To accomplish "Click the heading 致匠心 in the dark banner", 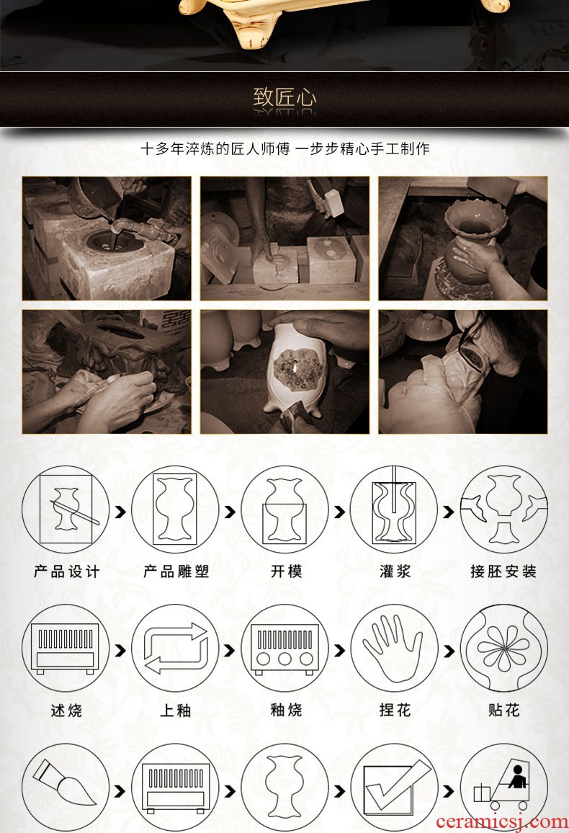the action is tap(284, 98).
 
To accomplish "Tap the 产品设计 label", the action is tap(66, 571).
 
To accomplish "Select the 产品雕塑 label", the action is tap(176, 571).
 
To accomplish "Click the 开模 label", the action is tap(286, 571).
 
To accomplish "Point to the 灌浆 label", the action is tap(395, 571).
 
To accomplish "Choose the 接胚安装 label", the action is tap(503, 571).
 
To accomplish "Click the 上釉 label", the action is tap(176, 710).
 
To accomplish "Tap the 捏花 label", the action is tap(395, 710).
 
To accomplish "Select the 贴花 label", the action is tap(503, 710).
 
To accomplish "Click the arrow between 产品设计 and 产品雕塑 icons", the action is tap(120, 512).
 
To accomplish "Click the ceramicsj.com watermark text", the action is tap(501, 822).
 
